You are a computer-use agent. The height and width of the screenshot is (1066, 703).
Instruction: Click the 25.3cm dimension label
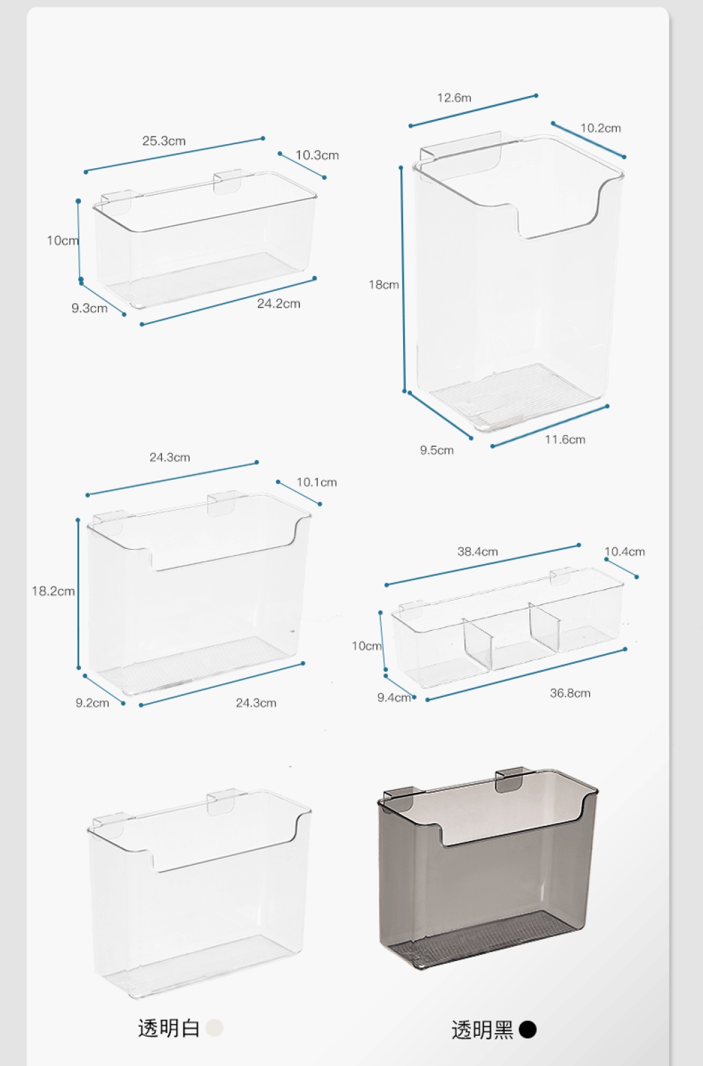(163, 141)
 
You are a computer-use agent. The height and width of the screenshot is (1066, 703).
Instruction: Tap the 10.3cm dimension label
(317, 155)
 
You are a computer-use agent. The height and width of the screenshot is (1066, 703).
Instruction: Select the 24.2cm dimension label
(279, 303)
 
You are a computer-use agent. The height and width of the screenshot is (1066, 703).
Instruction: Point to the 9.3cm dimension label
(89, 308)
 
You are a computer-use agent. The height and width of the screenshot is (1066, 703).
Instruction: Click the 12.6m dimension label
(454, 98)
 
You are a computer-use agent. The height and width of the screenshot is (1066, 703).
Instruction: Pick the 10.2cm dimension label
(601, 128)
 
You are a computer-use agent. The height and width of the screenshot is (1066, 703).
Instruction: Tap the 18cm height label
(384, 285)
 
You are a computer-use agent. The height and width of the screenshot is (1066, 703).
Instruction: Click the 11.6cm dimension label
(565, 439)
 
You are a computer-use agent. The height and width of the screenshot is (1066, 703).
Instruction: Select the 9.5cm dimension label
(437, 450)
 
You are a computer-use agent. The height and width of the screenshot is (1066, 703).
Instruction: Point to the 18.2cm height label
(54, 591)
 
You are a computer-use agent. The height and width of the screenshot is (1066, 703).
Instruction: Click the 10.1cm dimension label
(316, 483)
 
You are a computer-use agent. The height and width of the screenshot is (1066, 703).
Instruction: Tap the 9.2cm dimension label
(92, 703)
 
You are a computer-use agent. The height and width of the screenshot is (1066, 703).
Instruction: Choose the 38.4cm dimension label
(477, 552)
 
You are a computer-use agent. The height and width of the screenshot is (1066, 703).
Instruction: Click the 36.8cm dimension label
(571, 693)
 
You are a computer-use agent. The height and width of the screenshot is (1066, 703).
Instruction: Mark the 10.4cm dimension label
(625, 552)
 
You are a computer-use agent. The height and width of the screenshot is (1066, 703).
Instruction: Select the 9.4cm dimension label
(394, 697)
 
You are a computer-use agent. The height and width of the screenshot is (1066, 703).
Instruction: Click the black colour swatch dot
(527, 1030)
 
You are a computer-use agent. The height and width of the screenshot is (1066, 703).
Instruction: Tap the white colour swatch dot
(214, 1028)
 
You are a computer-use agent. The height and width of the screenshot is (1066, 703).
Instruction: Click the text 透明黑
(482, 1030)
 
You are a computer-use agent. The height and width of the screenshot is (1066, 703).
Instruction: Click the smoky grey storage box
(488, 868)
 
